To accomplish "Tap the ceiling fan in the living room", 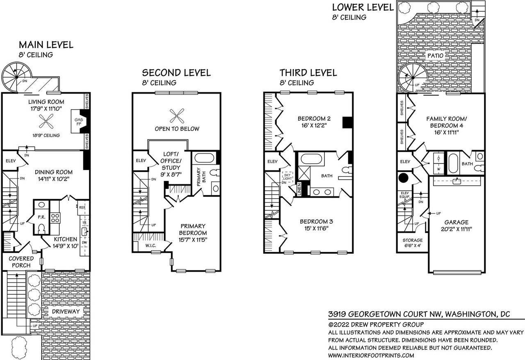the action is (x=46, y=121).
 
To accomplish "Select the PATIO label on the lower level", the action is (x=435, y=55).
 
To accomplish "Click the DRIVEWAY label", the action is (x=66, y=312).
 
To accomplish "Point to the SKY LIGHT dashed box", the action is (x=288, y=177).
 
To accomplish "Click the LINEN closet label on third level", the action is (x=299, y=190).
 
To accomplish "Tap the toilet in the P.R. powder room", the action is (x=41, y=228).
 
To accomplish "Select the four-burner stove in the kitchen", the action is (x=55, y=218).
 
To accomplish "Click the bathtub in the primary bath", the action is (x=204, y=158).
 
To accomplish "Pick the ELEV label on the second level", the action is (x=141, y=161).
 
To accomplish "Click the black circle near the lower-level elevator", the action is (x=403, y=178).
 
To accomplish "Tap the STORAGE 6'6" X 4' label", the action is (x=413, y=243).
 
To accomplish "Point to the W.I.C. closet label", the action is (x=151, y=245).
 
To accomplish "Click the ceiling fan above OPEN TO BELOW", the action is (x=177, y=116).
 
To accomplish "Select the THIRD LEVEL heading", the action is (x=308, y=73).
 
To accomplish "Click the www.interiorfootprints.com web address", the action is (x=371, y=355).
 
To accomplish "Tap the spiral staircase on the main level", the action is (x=17, y=77).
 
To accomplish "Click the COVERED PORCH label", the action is (x=21, y=262).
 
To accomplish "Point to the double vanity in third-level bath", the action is (x=322, y=192).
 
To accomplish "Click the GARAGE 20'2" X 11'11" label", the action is (x=457, y=226).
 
